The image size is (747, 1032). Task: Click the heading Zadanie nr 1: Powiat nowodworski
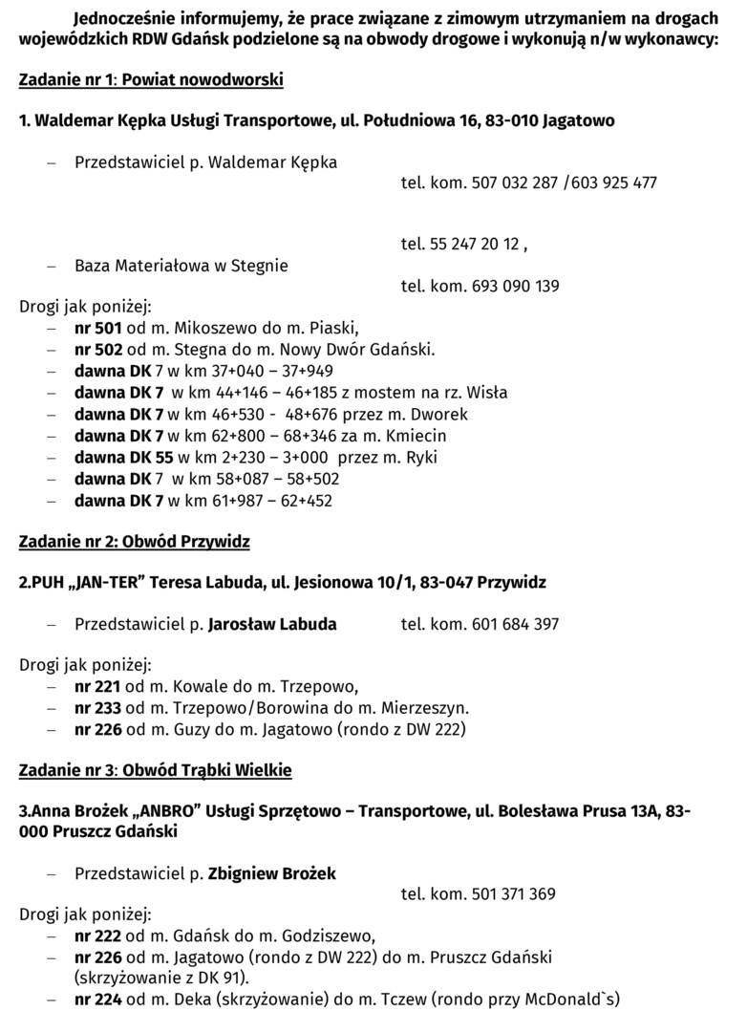151,80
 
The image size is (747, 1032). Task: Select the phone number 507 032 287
515,183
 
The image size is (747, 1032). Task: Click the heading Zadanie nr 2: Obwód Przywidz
135,542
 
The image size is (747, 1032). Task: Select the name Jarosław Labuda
272,624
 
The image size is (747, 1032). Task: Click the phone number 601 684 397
516,624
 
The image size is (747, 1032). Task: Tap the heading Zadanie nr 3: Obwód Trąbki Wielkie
156,769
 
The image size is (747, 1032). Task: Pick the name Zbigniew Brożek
272,873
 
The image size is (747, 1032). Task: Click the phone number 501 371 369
514,894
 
